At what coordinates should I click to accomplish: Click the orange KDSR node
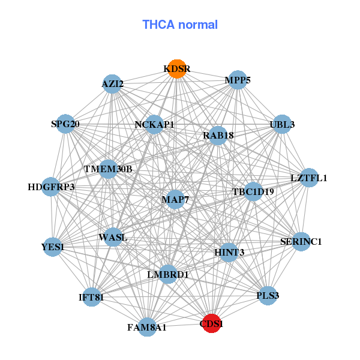point(176,68)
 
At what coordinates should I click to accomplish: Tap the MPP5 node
point(238,80)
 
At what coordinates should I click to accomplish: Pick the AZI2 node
point(113,84)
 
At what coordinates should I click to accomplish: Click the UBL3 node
point(282,125)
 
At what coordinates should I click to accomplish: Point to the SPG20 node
point(65,125)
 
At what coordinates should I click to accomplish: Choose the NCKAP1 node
point(154,125)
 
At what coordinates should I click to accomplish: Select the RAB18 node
point(218,136)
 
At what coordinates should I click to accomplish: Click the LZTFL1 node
point(308,178)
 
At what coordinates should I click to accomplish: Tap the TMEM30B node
point(108,169)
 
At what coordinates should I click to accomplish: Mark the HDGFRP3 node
point(51,187)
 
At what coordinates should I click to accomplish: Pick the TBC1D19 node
point(253,192)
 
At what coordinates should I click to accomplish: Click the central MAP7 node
point(175,199)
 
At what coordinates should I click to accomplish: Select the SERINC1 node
point(301,242)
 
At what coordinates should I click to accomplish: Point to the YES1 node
point(53,247)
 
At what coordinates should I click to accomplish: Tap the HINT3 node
point(229,252)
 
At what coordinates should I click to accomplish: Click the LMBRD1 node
point(168,275)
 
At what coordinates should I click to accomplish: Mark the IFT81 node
point(91,296)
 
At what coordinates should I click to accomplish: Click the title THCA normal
point(180,25)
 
